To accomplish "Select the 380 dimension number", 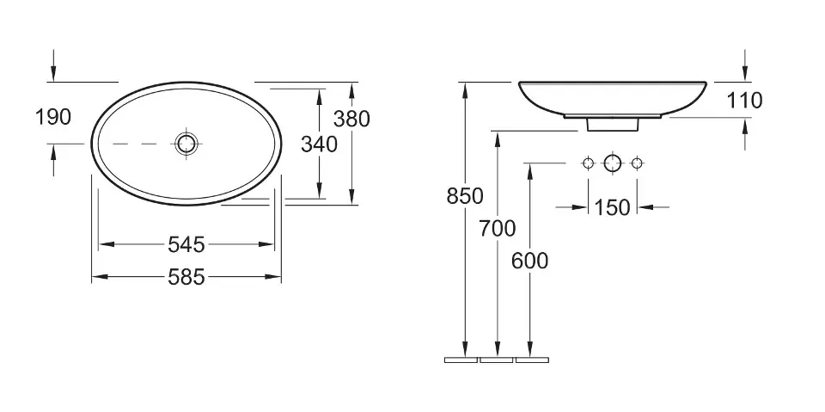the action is coord(351,119).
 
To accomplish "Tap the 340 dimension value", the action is coord(319,144).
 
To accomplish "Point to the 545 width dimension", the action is coord(186,244).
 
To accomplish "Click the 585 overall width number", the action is coord(186,277).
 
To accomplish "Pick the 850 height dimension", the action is coord(465,196).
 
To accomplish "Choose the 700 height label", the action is coord(498,229).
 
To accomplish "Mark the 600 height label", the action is coord(530,261).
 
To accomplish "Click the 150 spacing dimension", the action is coord(612,207).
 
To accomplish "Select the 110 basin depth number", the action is coord(744,100).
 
